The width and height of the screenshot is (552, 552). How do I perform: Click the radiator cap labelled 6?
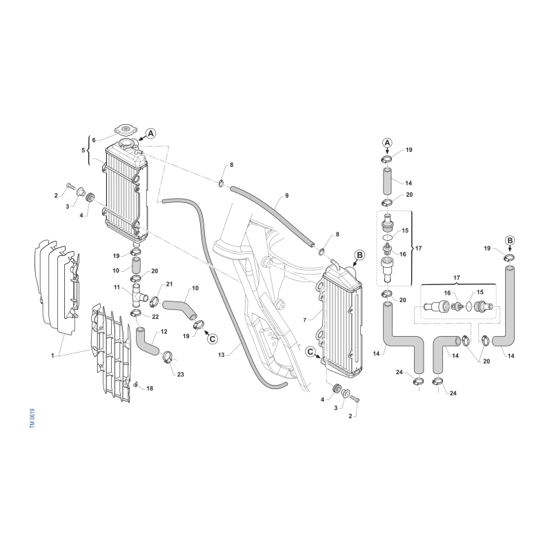coord(124,130)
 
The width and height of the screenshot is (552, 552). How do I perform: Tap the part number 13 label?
coord(221,355)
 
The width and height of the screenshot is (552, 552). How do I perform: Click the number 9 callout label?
coord(286,195)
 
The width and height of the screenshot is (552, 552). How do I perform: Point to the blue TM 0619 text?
coord(32,418)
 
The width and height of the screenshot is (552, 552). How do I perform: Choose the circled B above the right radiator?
coord(359,255)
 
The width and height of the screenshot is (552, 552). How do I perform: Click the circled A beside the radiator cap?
coord(150,133)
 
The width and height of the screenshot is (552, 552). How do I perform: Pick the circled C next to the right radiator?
coord(310,351)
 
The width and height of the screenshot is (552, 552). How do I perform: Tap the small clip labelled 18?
coord(136,384)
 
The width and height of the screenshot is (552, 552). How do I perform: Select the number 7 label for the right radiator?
coord(305,320)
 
